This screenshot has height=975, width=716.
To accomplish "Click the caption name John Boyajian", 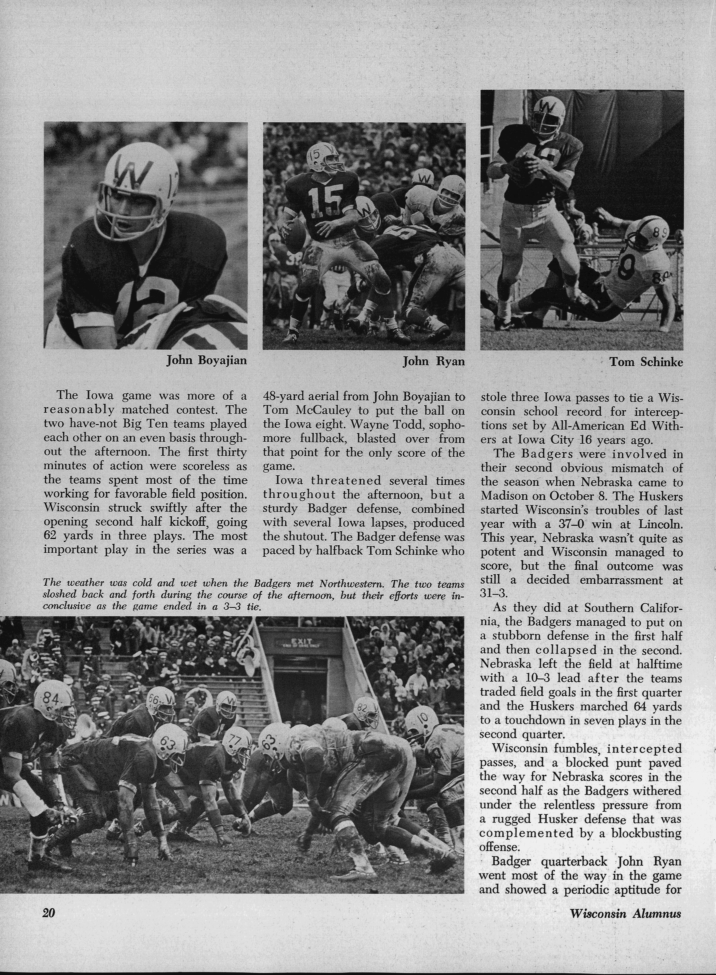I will pyautogui.click(x=207, y=360).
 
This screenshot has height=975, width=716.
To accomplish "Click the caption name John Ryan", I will pyautogui.click(x=433, y=361).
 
